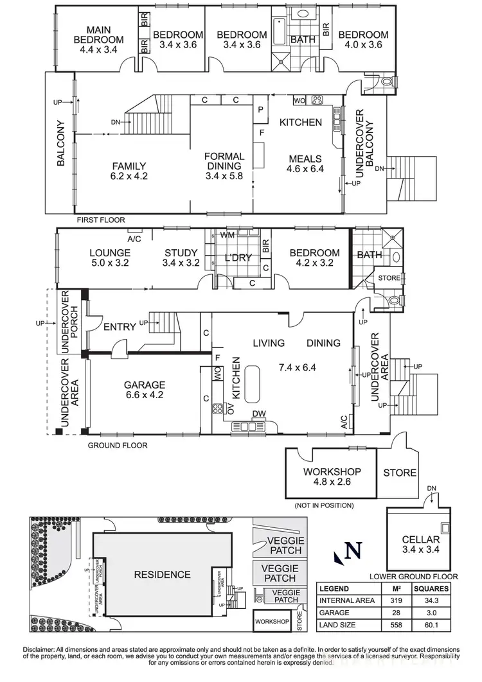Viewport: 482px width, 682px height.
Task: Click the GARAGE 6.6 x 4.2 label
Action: tap(145, 390)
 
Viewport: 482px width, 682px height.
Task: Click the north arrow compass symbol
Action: tap(350, 551)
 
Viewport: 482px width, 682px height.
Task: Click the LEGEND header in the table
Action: tap(334, 589)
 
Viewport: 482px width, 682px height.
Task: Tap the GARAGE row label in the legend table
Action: tap(335, 613)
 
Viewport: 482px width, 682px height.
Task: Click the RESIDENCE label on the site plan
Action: tap(162, 574)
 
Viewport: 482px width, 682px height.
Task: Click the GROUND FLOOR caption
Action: tap(118, 445)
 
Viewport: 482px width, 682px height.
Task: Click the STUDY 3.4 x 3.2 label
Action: tap(181, 258)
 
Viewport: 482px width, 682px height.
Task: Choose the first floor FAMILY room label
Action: tap(129, 170)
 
